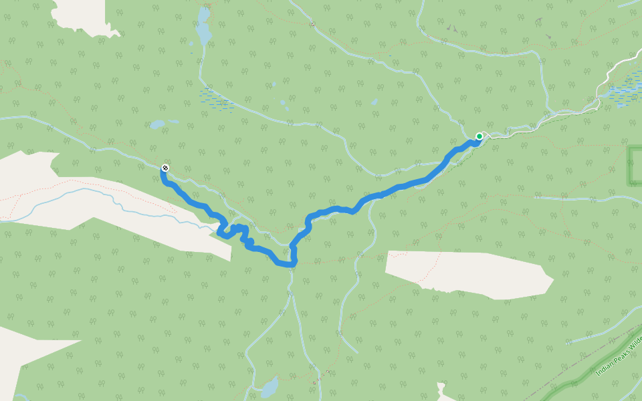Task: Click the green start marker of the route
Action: (479, 136)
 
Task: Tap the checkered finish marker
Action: (165, 168)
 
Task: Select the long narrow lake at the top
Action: (203, 29)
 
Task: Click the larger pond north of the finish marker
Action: (156, 124)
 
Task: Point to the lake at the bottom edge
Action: (269, 387)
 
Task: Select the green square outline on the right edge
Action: (635, 165)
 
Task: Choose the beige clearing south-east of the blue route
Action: (468, 274)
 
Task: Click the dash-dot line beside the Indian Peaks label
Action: (588, 361)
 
